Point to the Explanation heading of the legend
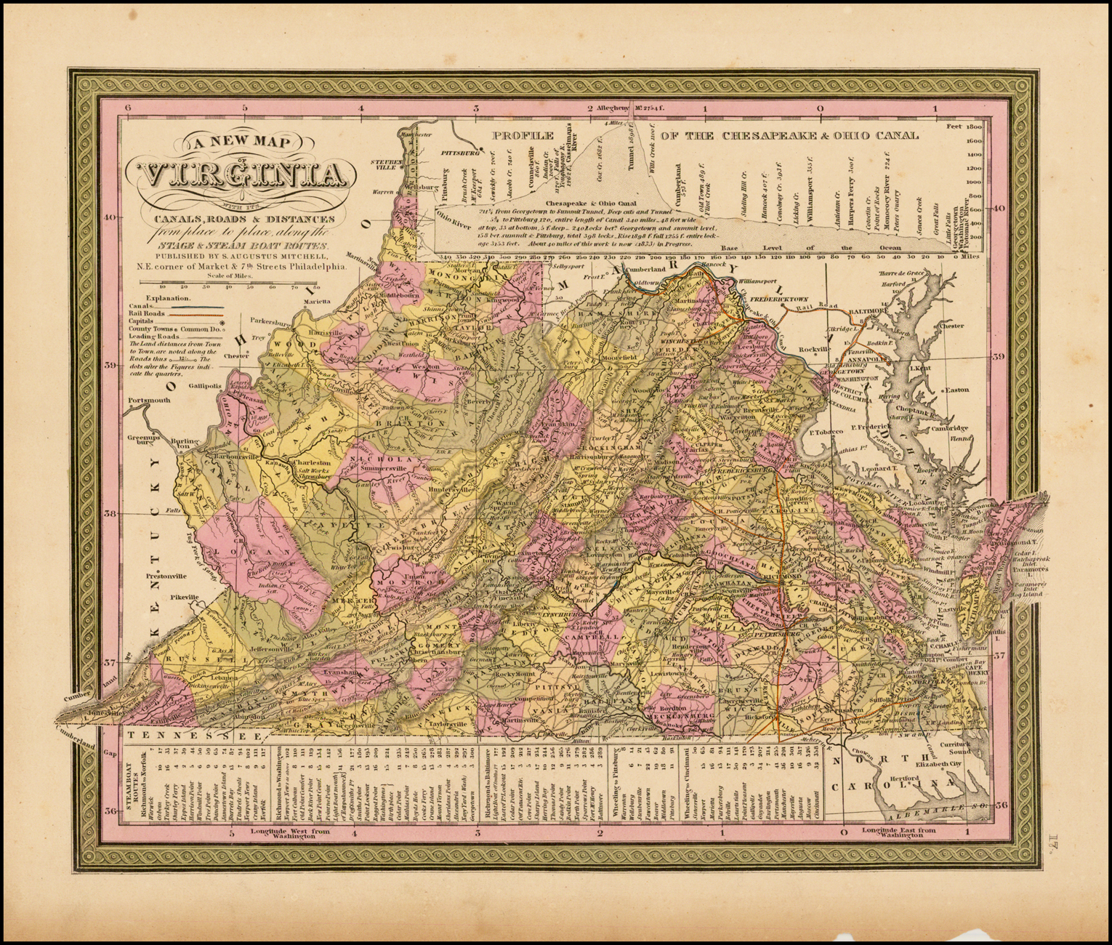(x=167, y=298)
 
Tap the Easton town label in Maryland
(x=958, y=390)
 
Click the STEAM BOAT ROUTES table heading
(x=134, y=779)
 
